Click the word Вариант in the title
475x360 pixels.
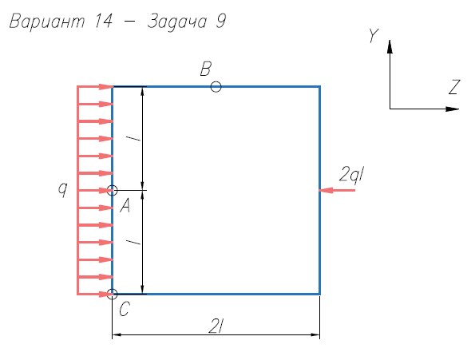coord(47,22)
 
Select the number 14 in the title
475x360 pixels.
coord(104,22)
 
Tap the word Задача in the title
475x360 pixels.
coord(177,22)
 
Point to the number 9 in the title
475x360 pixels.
coord(221,22)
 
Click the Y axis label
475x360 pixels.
coord(374,36)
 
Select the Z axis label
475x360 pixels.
coord(454,87)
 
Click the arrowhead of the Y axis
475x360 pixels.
coord(390,46)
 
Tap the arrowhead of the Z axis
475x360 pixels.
coord(453,109)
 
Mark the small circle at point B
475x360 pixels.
coord(216,87)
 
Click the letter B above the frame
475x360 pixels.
coord(206,69)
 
